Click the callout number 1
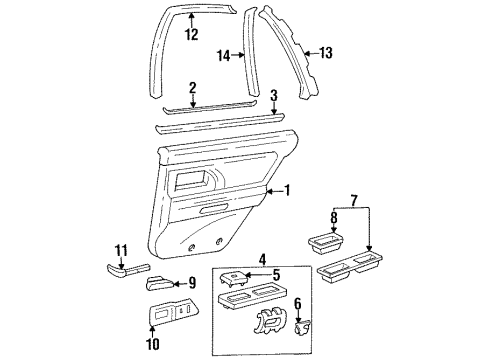click(287, 190)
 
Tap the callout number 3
click(275, 95)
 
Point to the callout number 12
click(192, 34)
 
